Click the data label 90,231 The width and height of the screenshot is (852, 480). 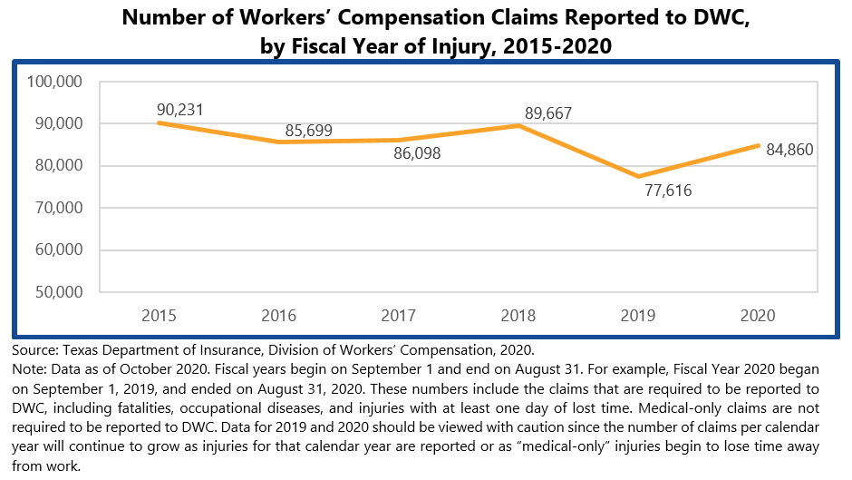[x=179, y=110]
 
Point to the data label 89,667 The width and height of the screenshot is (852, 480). [x=548, y=113]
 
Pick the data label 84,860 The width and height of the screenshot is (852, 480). [x=789, y=149]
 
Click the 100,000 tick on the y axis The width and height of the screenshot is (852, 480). [x=56, y=82]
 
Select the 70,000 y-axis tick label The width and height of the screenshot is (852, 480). [x=59, y=208]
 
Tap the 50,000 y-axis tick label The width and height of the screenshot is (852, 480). [x=59, y=292]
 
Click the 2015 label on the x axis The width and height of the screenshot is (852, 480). [x=160, y=316]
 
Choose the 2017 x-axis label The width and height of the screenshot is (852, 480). [x=398, y=316]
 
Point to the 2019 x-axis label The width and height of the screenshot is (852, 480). [x=637, y=316]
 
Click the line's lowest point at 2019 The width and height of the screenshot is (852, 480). [x=637, y=176]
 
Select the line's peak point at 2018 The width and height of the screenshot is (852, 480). [x=518, y=125]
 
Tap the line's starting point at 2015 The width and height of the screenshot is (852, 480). [x=160, y=122]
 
